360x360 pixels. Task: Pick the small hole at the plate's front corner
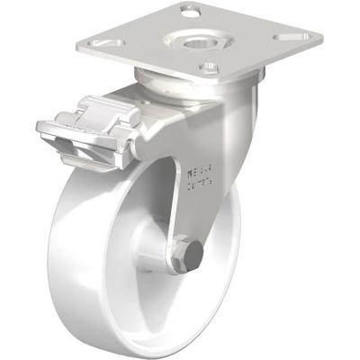tap(208, 66)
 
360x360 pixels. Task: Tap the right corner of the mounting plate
tap(319, 40)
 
